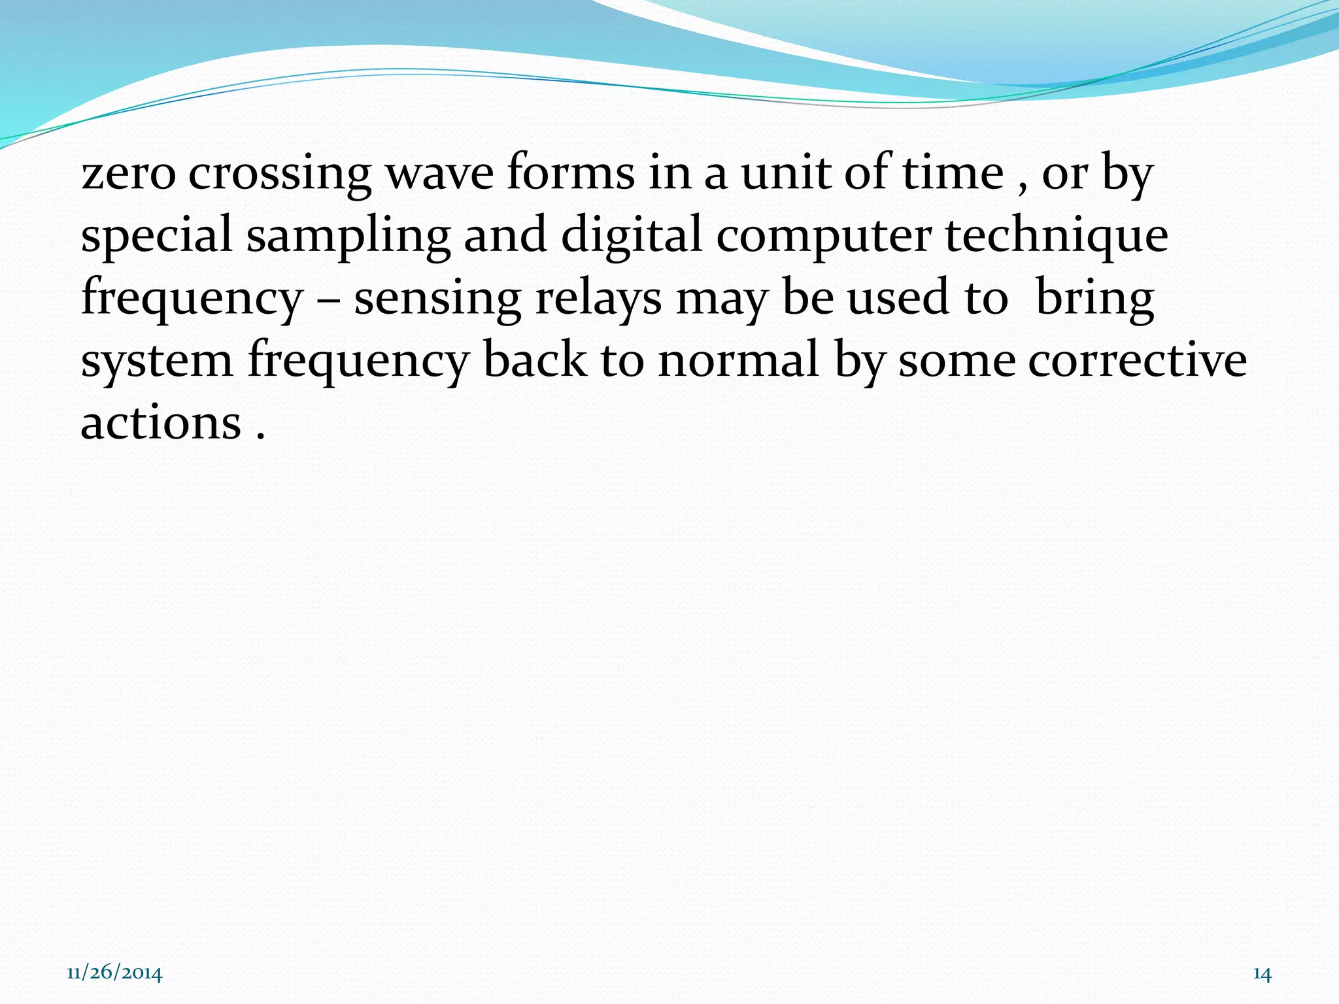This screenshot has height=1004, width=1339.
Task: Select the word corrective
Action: click(1072, 361)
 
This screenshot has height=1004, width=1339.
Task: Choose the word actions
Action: click(161, 424)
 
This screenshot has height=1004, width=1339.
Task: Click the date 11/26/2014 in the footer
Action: click(114, 973)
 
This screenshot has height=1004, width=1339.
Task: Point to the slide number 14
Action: click(1262, 974)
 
